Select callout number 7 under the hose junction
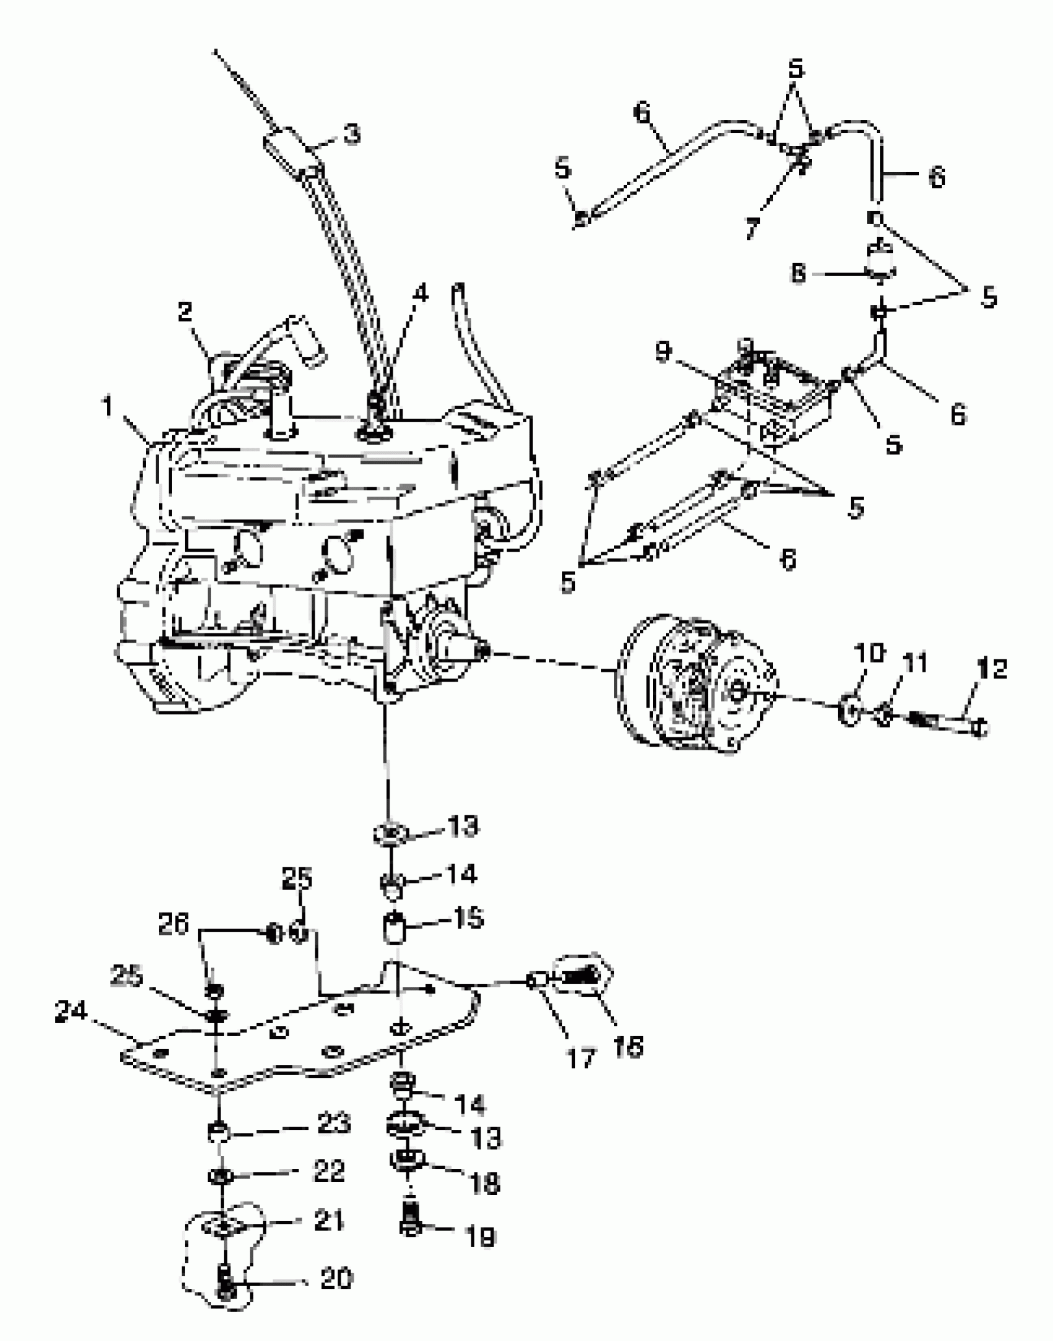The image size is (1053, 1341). point(751,228)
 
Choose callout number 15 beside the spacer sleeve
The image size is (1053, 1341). point(468,918)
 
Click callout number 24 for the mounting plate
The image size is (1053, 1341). point(71,1012)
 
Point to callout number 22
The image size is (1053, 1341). point(328,1171)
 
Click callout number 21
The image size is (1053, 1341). point(329,1221)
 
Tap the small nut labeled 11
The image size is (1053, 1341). point(885,716)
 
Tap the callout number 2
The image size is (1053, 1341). point(185,311)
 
